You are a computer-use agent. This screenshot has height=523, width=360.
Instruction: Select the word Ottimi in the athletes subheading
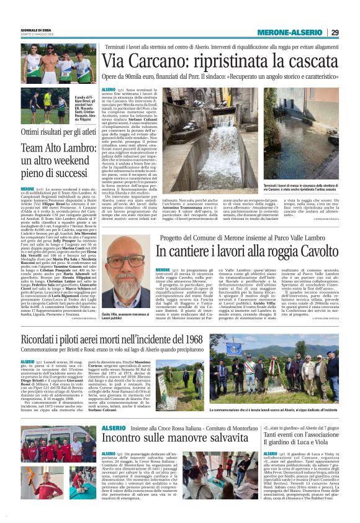point(31,132)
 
